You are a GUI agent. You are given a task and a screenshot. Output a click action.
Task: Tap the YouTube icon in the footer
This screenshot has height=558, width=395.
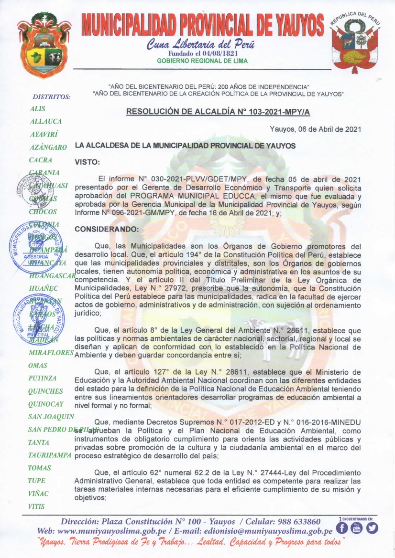point(356,527)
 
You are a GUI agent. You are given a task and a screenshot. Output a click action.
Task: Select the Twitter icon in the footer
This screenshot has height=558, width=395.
point(372,527)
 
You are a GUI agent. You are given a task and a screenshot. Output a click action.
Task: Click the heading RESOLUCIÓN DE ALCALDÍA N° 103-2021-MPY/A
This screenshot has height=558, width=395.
point(218,112)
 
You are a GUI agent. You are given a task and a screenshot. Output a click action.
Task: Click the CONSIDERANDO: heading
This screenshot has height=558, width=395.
point(105,230)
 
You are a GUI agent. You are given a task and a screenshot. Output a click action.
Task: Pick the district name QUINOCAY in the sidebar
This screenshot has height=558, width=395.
point(46,404)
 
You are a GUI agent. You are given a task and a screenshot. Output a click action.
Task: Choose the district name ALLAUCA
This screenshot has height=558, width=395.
point(46,122)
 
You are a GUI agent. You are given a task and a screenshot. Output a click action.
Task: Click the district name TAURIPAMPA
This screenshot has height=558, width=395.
point(50,455)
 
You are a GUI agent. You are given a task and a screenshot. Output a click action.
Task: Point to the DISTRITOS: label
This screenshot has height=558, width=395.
point(51,97)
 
